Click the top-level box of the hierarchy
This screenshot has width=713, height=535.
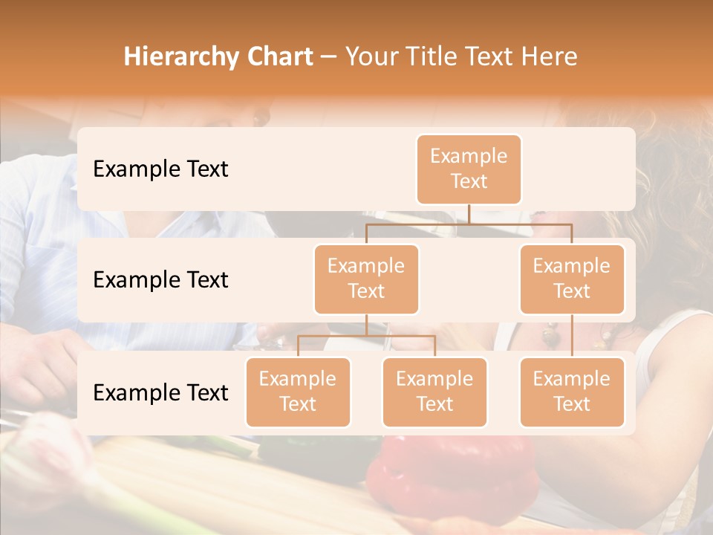click(469, 169)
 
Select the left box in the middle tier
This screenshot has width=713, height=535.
click(366, 279)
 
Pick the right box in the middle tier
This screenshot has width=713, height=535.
click(572, 279)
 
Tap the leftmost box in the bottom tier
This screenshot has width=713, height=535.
click(298, 392)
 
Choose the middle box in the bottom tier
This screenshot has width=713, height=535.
click(434, 392)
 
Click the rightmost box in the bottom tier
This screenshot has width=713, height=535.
click(572, 392)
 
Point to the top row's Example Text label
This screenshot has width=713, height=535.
click(160, 169)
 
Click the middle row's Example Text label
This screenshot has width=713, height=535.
click(160, 279)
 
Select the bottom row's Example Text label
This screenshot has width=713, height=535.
click(160, 392)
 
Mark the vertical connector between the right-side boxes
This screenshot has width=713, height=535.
click(572, 336)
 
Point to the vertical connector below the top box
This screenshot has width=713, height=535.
click(469, 214)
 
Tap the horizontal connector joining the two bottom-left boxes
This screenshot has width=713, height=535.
click(366, 336)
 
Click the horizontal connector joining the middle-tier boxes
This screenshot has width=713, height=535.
click(469, 223)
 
